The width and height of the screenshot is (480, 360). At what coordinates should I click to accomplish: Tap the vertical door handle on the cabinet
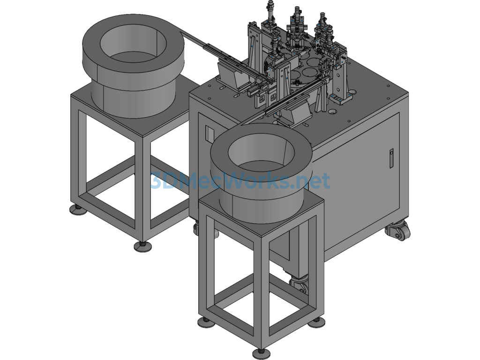tap(391, 158)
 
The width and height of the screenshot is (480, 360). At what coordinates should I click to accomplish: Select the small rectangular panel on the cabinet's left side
tap(209, 134)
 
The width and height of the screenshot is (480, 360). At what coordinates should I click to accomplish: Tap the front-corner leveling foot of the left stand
tap(142, 246)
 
